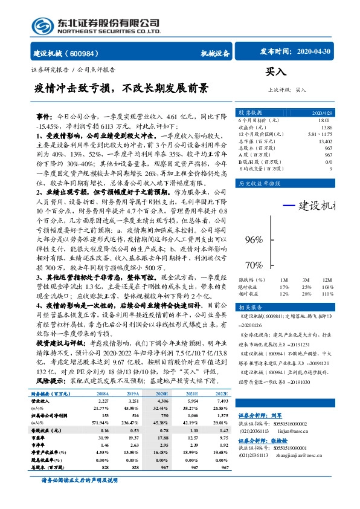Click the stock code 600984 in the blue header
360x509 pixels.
pyautogui.click(x=88, y=53)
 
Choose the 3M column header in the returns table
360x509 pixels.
pyautogui.click(x=306, y=280)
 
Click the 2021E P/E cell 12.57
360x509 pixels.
pyautogui.click(x=192, y=436)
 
